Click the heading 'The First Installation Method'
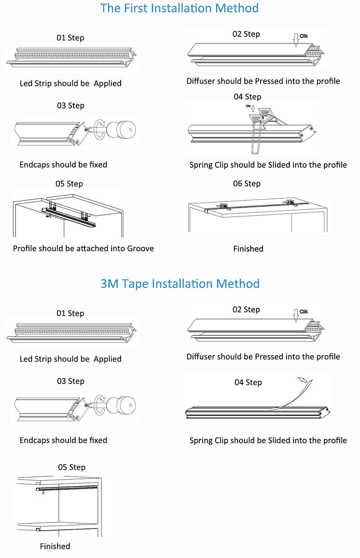coord(180,8)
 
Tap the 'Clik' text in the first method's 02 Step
coord(305,36)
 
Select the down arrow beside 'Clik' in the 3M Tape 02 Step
coord(295,315)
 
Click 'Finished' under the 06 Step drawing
coord(248,249)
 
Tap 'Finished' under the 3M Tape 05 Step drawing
coord(55,546)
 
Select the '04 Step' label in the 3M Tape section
coord(248,382)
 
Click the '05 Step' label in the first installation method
coord(69,183)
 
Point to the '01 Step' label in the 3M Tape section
coord(70,313)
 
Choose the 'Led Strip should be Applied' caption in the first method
coord(71,83)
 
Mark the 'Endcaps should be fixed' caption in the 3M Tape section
coord(63,440)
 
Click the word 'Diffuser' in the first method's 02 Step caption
coord(201,81)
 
